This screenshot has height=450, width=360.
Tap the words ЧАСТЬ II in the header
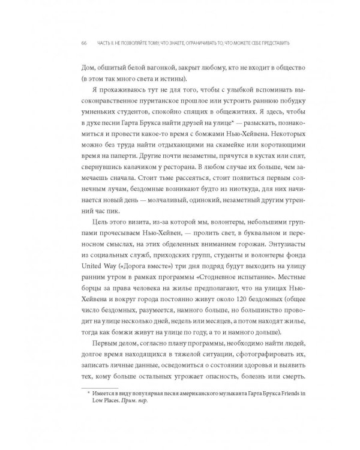[x=106, y=43]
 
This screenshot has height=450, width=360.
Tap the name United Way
[x=97, y=275]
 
